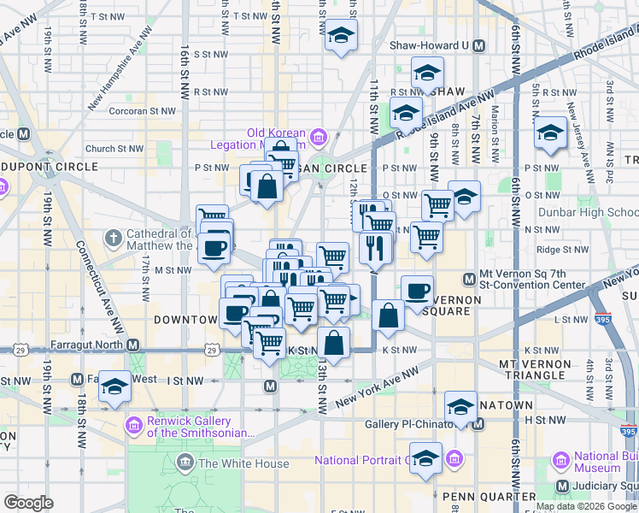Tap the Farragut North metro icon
[x=133, y=345]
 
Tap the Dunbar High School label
[x=588, y=212]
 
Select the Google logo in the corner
[x=29, y=503]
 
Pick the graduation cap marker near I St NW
[x=114, y=386]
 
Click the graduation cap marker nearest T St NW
[x=341, y=35]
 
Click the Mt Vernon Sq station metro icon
[x=468, y=278]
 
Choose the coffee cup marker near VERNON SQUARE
[x=417, y=291]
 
